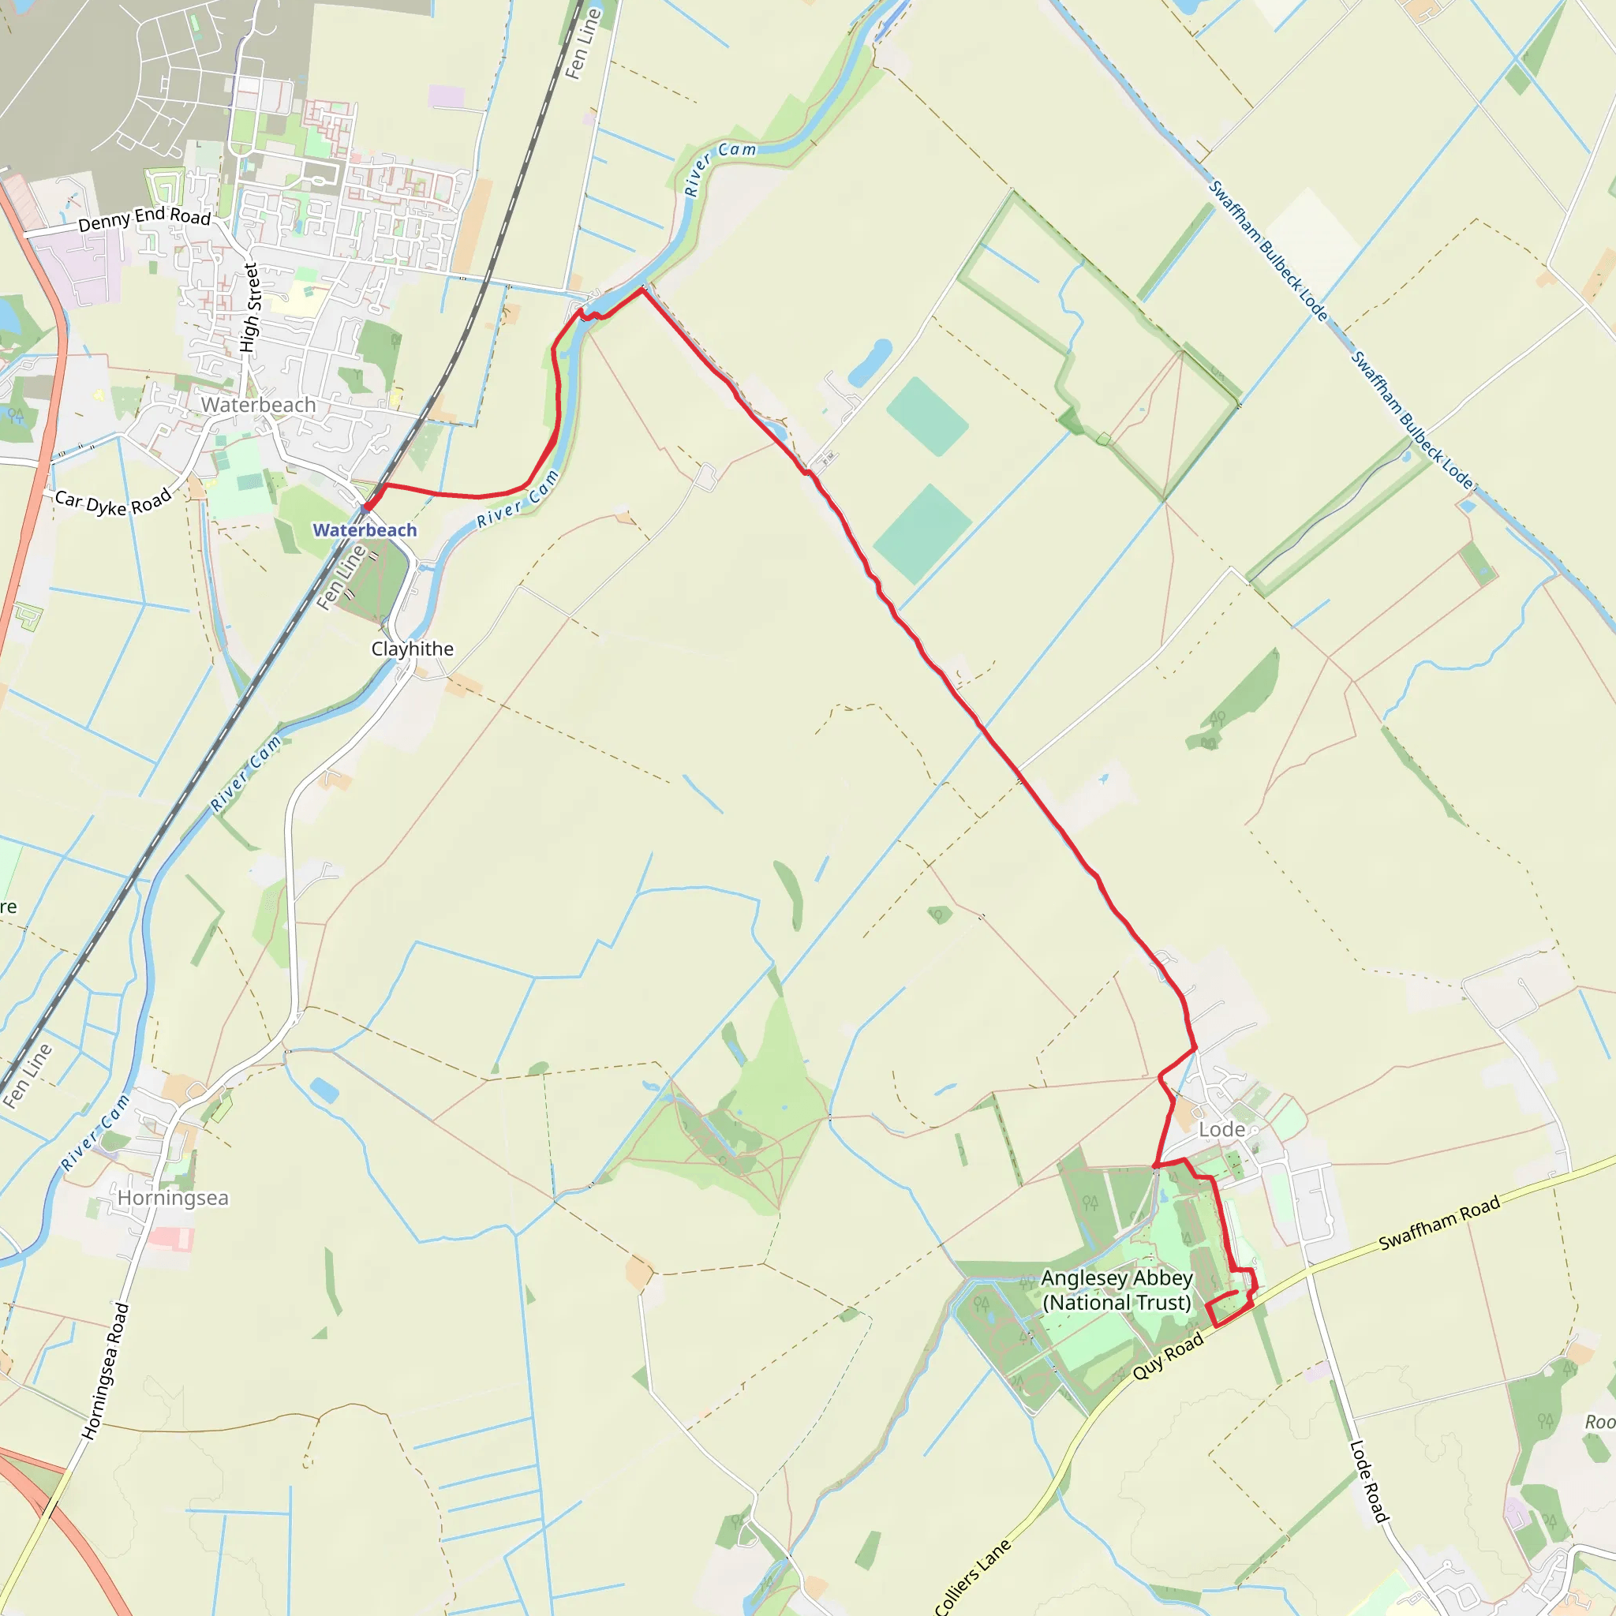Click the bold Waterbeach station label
(365, 530)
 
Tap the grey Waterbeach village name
(259, 405)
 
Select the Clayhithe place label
(413, 649)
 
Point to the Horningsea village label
(172, 1198)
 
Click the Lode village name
(1222, 1129)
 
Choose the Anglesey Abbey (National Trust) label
(1117, 1290)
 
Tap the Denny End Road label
(144, 219)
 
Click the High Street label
(250, 308)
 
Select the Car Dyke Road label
(113, 502)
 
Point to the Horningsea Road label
(107, 1371)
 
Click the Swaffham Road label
(1439, 1224)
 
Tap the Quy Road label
(1168, 1356)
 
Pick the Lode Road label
(1368, 1481)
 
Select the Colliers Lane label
(972, 1577)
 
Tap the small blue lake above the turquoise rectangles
(870, 362)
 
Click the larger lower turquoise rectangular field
(922, 533)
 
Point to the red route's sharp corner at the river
(642, 290)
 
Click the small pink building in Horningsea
(171, 1239)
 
